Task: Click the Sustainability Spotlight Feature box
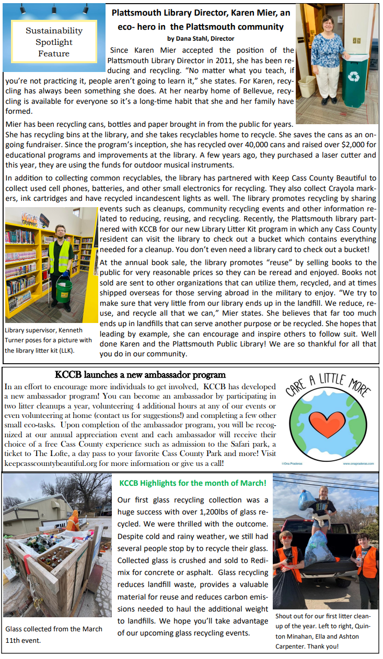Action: tap(54, 42)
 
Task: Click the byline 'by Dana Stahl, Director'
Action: tap(201, 38)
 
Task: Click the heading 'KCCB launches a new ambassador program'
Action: tap(141, 375)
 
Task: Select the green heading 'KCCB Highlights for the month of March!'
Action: tap(193, 484)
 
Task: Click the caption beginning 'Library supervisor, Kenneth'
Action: tap(48, 340)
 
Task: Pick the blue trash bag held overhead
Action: tap(308, 499)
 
